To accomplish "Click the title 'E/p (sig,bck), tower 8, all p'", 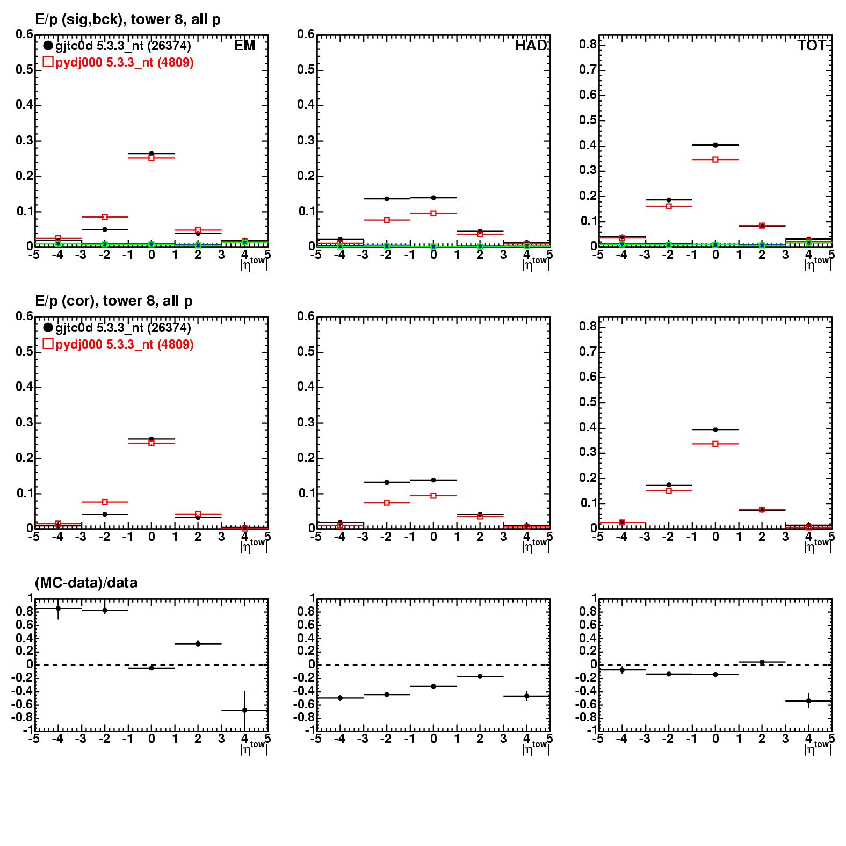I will [128, 20].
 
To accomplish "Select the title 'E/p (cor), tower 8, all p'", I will [114, 301].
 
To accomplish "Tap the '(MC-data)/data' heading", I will [86, 583].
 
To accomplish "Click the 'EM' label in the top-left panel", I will [244, 46].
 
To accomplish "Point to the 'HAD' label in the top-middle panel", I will [531, 46].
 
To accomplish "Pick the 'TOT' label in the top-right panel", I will [812, 46].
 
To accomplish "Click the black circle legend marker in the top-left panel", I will [48, 46].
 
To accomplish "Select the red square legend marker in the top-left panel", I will [48, 62].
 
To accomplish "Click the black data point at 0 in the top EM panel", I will [151, 154].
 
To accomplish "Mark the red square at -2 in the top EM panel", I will [105, 217].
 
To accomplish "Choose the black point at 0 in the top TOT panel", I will [715, 145].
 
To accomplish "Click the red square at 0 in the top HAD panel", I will [433, 213].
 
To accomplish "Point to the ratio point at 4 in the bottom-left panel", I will [244, 710].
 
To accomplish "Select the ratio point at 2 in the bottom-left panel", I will [198, 643].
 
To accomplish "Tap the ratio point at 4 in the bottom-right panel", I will [808, 700].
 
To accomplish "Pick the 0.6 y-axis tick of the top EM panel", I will [24, 35].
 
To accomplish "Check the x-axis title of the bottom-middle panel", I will [536, 747].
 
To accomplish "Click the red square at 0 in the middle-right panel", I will [715, 444].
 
